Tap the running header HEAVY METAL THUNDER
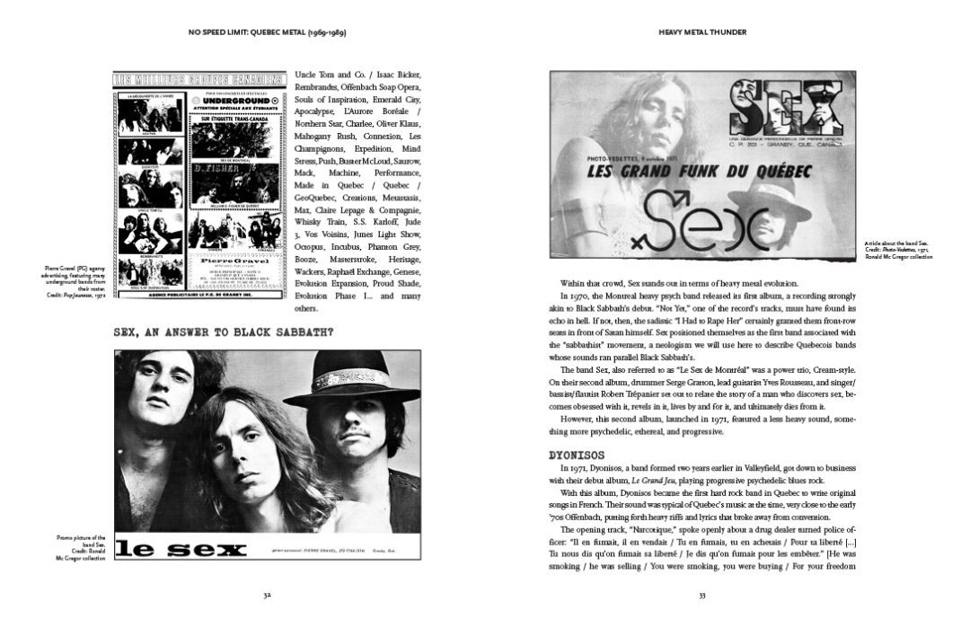(x=702, y=32)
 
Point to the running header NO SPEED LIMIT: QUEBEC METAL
(x=267, y=32)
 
